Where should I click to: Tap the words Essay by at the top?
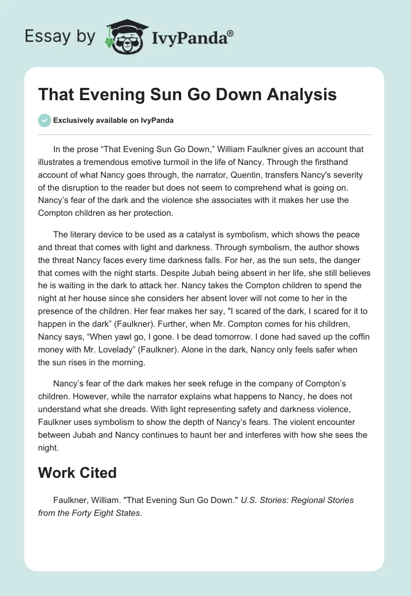60,36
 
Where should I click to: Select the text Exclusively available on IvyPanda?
113,120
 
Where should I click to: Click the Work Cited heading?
77,473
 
